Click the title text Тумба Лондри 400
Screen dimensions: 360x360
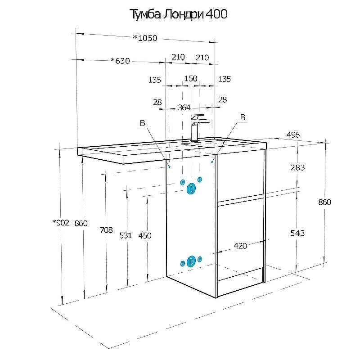point(178,14)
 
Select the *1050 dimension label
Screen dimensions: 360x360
point(145,38)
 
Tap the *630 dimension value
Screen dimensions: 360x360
point(120,61)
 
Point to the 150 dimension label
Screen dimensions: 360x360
point(191,78)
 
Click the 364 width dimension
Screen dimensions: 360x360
point(184,108)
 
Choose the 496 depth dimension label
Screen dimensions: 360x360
point(293,135)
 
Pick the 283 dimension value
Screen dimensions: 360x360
point(297,167)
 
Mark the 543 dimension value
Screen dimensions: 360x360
point(297,233)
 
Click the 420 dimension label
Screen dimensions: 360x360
point(240,246)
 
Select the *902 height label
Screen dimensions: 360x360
point(61,222)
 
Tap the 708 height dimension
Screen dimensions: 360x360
point(106,230)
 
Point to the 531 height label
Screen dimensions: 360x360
point(126,235)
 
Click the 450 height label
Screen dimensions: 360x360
point(145,235)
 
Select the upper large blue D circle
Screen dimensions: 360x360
point(191,189)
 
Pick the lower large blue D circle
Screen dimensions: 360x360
point(191,262)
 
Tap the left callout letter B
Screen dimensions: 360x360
point(142,123)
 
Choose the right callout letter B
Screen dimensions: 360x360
point(243,117)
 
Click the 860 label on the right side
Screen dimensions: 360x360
point(324,202)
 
